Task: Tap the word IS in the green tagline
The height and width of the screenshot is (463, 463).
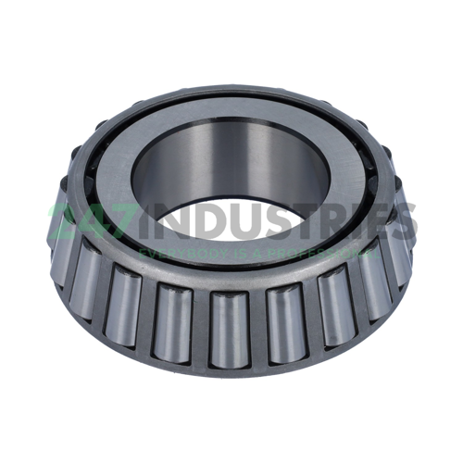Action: tap(229, 252)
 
